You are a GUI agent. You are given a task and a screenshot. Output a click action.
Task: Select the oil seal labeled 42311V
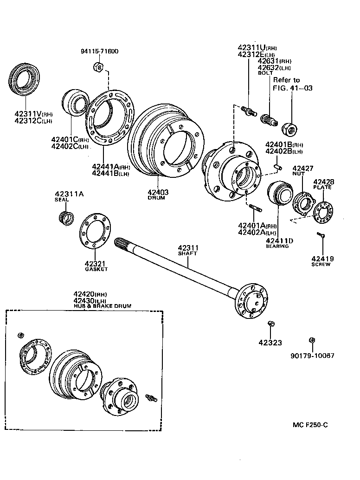(x=25, y=82)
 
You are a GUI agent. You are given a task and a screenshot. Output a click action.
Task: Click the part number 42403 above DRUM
(x=158, y=192)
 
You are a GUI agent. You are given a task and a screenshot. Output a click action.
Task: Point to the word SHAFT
(x=188, y=253)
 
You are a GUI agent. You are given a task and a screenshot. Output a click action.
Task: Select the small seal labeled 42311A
(x=66, y=217)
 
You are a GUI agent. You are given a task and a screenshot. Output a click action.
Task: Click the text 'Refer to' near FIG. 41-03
(x=286, y=80)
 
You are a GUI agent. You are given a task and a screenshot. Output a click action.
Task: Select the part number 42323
(x=270, y=343)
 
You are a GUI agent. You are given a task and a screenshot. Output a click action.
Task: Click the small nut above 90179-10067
(x=312, y=341)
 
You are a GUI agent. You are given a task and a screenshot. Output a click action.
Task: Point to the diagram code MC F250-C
(x=313, y=425)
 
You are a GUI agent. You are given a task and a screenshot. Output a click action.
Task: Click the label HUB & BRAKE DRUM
(x=102, y=306)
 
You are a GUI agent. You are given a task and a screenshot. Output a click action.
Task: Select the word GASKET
(x=96, y=269)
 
